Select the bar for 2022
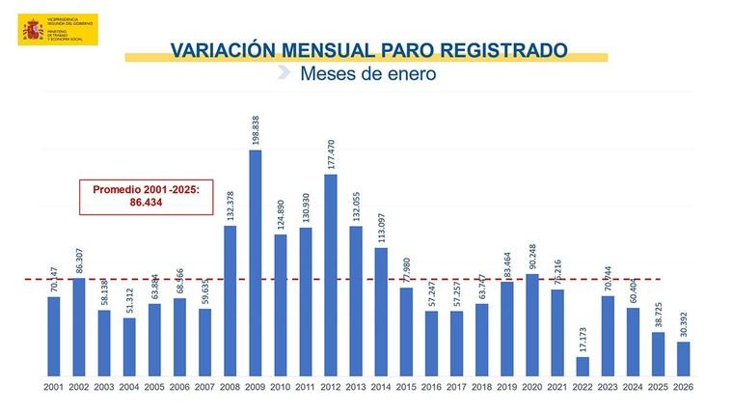[x=583, y=366]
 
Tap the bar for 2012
[x=331, y=275]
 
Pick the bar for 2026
[x=683, y=358]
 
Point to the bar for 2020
[x=532, y=324]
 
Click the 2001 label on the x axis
[x=54, y=386]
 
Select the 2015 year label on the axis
[x=406, y=386]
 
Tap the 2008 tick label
[x=231, y=386]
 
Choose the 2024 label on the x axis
[x=633, y=386]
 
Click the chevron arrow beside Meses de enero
[x=283, y=72]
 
